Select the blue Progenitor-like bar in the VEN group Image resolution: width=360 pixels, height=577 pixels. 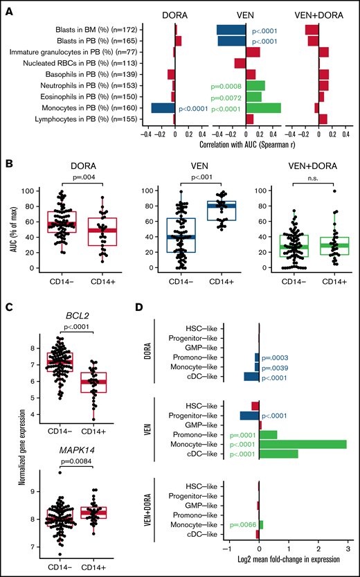(249, 415)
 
